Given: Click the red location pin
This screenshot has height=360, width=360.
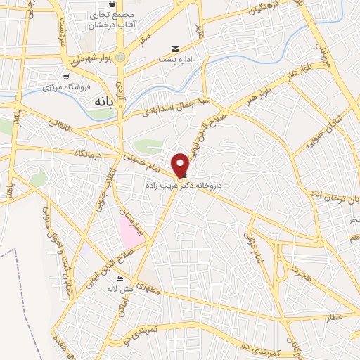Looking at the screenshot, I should coord(181,165).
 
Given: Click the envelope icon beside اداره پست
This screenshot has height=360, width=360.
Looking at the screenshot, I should coord(176,49).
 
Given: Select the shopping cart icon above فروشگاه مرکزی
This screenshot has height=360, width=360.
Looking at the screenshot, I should coord(65,77).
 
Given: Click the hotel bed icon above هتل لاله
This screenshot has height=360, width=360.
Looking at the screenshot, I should coord(117,281).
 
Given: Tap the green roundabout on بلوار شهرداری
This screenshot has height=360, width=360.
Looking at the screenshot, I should coord(122,57).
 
